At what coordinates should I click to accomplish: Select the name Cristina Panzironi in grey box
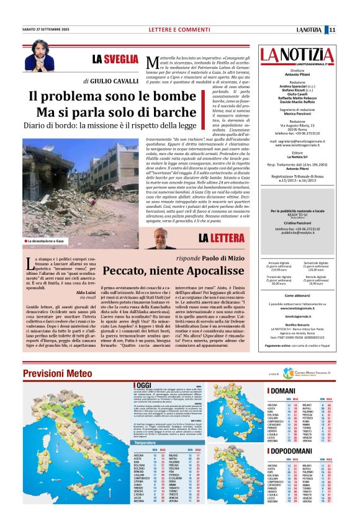click(297, 221)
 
